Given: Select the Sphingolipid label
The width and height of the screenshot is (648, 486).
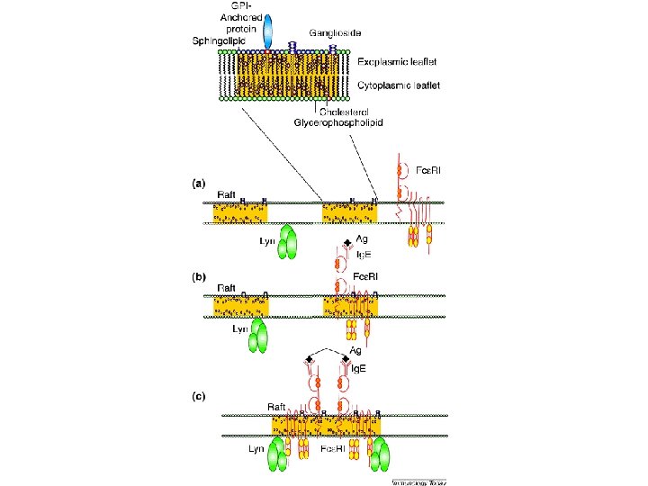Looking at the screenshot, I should [x=218, y=41].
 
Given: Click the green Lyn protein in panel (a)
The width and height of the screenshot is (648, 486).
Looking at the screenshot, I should [x=287, y=242].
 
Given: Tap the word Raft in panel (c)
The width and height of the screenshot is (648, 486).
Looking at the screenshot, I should [x=278, y=407].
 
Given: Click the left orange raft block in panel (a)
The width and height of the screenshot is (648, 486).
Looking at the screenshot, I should [x=240, y=212].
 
